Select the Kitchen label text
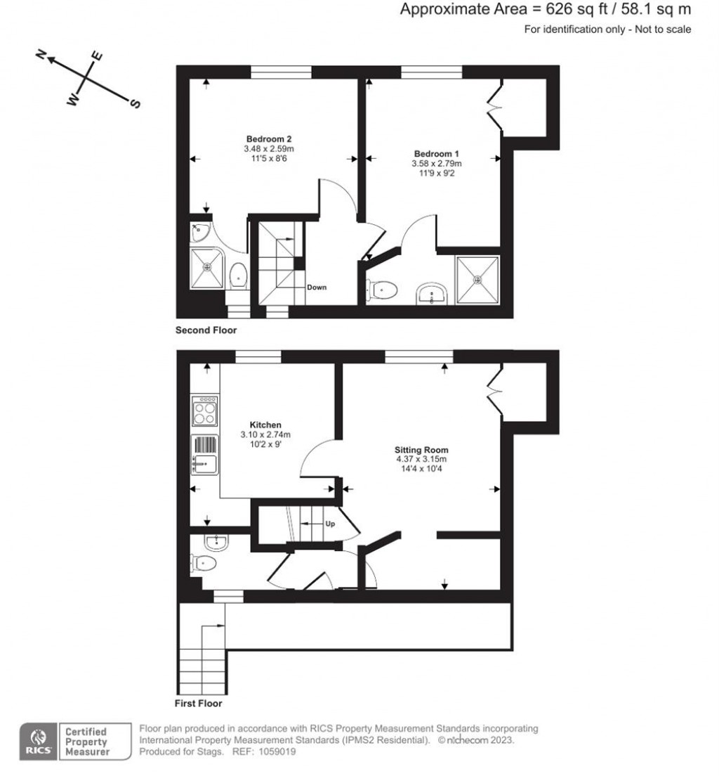click(x=265, y=425)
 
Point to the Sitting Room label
click(x=421, y=450)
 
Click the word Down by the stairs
click(x=317, y=287)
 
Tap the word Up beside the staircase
click(x=329, y=524)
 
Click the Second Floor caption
click(x=206, y=330)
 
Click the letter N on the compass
click(x=41, y=56)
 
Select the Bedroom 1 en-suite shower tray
click(x=478, y=280)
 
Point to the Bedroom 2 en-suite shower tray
click(x=208, y=267)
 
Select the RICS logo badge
click(x=37, y=741)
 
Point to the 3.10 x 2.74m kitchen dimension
click(x=265, y=434)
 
